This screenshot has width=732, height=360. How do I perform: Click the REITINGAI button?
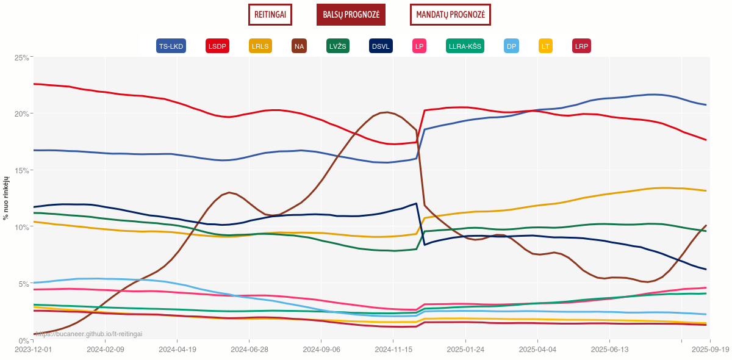click(x=270, y=15)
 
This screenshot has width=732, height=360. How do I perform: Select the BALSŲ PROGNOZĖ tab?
click(x=351, y=15)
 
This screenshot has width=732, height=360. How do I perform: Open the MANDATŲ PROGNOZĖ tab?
click(x=450, y=15)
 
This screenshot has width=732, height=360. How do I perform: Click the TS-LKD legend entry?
click(x=171, y=46)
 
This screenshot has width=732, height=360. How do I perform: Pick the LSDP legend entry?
click(x=217, y=46)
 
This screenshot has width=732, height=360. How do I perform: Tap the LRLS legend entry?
click(x=260, y=46)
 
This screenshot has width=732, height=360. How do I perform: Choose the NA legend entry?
click(x=299, y=46)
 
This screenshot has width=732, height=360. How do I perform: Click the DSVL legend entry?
click(x=381, y=46)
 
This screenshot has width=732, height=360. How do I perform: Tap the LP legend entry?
click(x=419, y=46)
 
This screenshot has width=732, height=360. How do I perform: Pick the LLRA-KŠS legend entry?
click(x=465, y=46)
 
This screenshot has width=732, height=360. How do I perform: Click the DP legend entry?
click(x=511, y=46)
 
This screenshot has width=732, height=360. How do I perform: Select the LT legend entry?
click(x=545, y=46)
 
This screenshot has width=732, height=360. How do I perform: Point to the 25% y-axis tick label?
click(x=22, y=57)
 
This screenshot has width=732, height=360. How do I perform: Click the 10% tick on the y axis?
click(x=22, y=227)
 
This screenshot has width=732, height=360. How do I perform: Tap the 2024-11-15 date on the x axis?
click(x=393, y=350)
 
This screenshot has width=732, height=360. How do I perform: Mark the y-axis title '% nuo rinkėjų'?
click(x=6, y=198)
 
